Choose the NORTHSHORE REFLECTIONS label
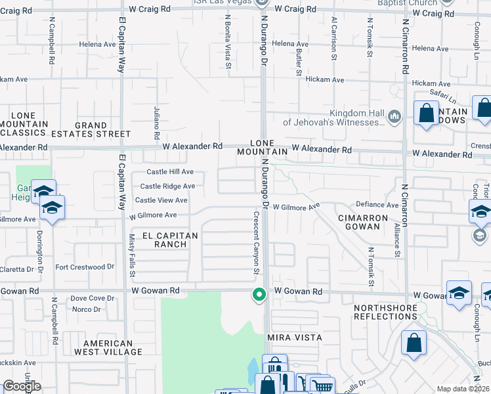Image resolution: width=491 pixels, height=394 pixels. tap(385, 312)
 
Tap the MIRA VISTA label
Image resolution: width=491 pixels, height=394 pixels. tap(294, 337)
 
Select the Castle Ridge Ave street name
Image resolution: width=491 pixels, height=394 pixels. tap(167, 186)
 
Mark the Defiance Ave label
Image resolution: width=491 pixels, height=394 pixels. tap(377, 205)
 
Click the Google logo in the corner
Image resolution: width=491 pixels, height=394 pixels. tap(22, 386)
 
